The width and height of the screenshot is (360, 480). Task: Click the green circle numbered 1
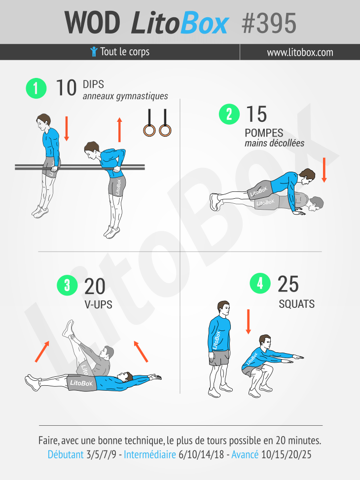pos(36,88)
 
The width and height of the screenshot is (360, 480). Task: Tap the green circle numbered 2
pos(229,114)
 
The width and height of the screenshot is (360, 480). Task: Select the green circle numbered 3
pos(67,285)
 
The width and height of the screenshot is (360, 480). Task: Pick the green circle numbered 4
pos(260,283)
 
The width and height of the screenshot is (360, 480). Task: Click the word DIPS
pos(93,84)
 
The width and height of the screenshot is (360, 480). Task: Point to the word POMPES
pos(264,133)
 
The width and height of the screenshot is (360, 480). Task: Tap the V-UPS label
pos(98,304)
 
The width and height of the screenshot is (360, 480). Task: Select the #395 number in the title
pos(269,23)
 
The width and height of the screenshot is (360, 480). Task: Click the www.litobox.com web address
pos(300,52)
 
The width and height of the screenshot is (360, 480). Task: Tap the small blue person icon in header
pos(94,52)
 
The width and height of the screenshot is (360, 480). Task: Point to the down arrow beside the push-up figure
pos(324,170)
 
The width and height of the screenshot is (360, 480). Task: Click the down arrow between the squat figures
pos(248,322)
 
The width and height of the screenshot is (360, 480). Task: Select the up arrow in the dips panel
pos(119,130)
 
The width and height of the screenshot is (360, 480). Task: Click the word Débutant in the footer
pos(66,454)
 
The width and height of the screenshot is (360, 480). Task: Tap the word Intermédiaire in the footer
pos(150,454)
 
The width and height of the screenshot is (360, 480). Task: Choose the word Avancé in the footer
pos(245,454)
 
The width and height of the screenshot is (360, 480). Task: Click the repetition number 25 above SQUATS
pos(288,284)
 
